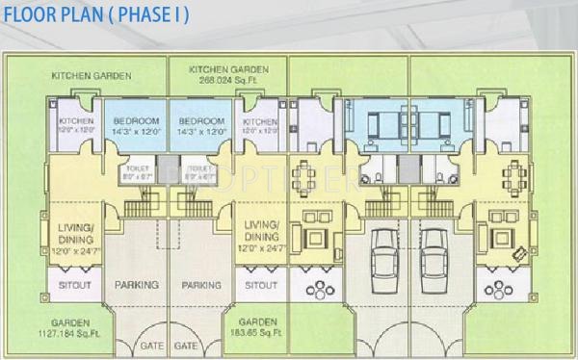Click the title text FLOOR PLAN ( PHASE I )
[x=95, y=15]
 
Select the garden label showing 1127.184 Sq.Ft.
[x=73, y=333]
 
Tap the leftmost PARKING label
[x=137, y=285]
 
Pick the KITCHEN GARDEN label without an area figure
[x=92, y=75]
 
